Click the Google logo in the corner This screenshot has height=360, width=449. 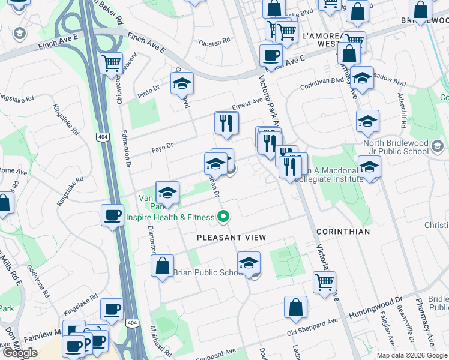click(x=20, y=353)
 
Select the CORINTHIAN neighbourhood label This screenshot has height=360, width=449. click(x=343, y=231)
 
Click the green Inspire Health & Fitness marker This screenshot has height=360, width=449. click(x=224, y=217)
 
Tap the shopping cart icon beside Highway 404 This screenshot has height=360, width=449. click(x=112, y=63)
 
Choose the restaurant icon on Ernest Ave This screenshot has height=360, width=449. click(x=226, y=123)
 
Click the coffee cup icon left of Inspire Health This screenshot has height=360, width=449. click(x=112, y=215)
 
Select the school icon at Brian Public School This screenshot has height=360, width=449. click(x=249, y=262)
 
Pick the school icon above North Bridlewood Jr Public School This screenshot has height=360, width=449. click(x=367, y=122)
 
